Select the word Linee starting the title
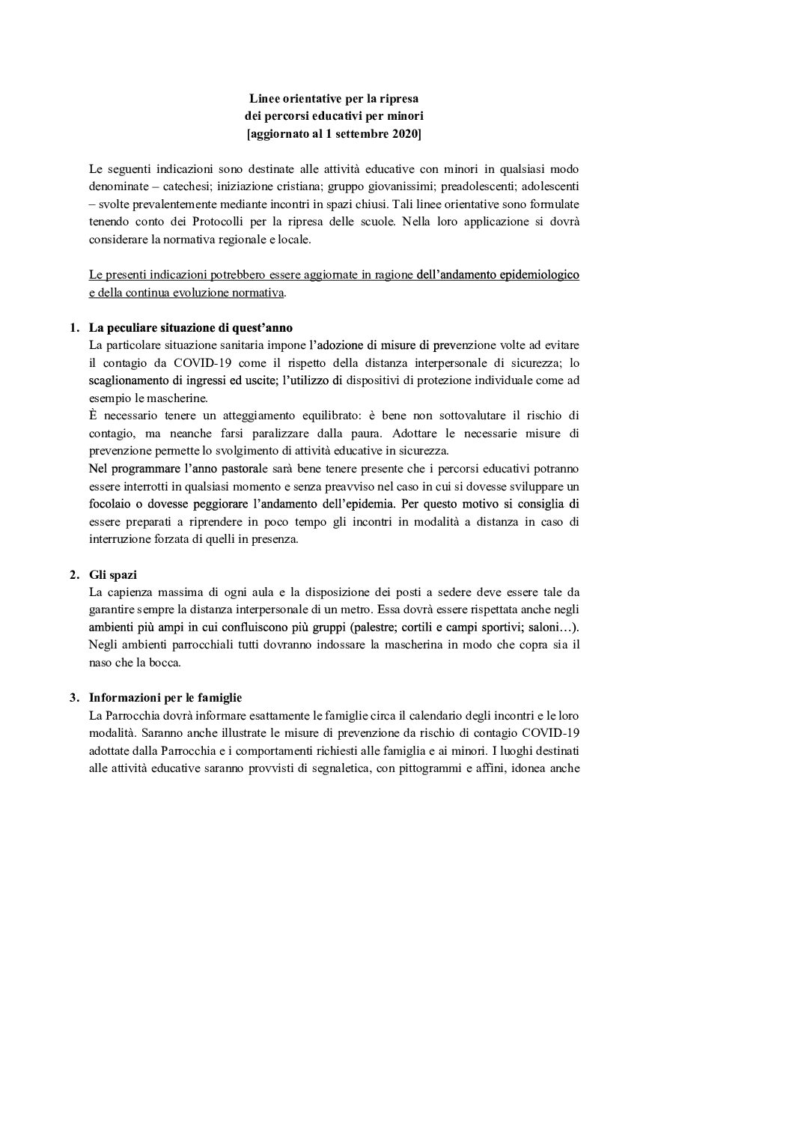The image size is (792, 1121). click(x=264, y=99)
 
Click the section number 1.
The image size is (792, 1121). click(x=73, y=327)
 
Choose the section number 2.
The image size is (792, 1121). click(x=73, y=574)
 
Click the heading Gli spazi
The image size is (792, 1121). click(x=113, y=574)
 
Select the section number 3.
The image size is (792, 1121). click(x=73, y=698)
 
